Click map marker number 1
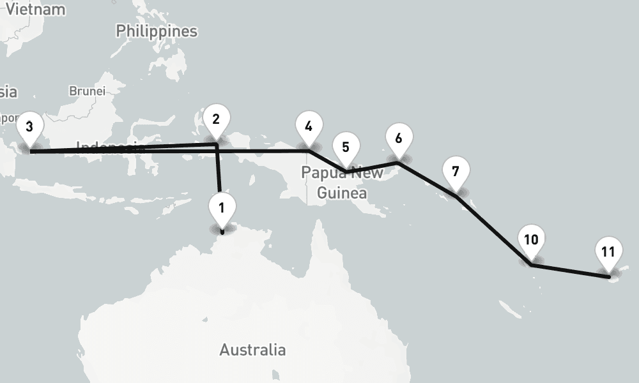click(x=222, y=209)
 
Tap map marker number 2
click(x=216, y=120)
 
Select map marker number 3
click(x=29, y=127)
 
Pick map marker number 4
click(x=309, y=127)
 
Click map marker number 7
click(x=456, y=172)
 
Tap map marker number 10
click(x=531, y=241)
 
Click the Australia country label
click(x=252, y=350)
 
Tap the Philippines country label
click(x=157, y=31)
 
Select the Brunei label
click(x=87, y=91)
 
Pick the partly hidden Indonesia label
click(x=109, y=146)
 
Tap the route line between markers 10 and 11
click(x=569, y=271)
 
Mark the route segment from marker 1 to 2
click(x=219, y=169)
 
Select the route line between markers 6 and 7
click(x=427, y=179)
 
